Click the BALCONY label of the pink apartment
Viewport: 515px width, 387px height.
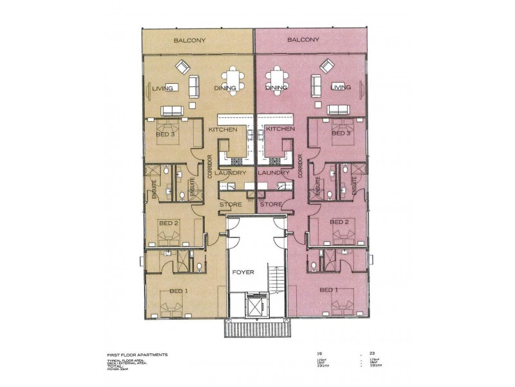point(303,40)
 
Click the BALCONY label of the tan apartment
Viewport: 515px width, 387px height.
point(190,41)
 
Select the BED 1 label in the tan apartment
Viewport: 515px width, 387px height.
point(178,291)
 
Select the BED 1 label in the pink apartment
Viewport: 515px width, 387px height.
point(329,290)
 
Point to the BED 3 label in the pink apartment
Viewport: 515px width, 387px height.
point(340,134)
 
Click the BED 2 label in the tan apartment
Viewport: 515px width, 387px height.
point(169,223)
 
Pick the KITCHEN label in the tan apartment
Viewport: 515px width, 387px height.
point(223,130)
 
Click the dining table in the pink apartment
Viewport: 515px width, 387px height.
point(276,80)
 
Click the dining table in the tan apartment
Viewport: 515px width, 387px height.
point(233,80)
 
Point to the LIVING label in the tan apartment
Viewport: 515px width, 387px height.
point(163,88)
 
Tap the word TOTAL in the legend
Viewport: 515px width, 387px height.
point(116,366)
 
